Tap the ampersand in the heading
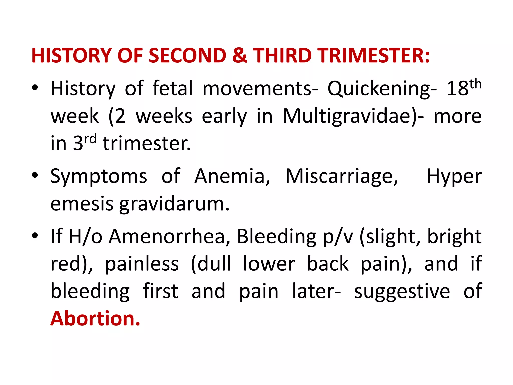[240, 55]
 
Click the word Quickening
[382, 89]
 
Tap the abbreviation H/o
[85, 236]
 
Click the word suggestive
[402, 292]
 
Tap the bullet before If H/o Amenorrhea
[35, 236]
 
